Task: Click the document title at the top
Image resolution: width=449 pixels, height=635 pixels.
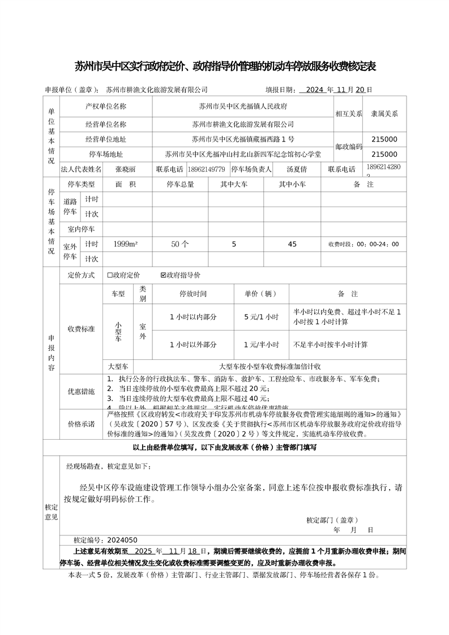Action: pos(225,67)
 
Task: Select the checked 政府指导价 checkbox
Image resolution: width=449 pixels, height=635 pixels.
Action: pos(164,275)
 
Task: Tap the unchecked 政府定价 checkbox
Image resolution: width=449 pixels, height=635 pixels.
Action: pos(110,275)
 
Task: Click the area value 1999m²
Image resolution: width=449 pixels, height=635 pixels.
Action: pos(125,244)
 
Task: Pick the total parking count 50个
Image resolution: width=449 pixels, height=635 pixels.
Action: pos(179,244)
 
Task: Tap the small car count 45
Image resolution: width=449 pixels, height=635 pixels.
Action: pos(292,244)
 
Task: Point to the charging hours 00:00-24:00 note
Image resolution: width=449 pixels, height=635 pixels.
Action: pos(364,244)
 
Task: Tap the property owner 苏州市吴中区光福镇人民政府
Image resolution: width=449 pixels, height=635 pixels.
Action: pos(243,106)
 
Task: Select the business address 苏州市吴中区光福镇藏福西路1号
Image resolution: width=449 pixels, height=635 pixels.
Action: pos(243,139)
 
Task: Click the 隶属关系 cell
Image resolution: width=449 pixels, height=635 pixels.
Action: pos(384,113)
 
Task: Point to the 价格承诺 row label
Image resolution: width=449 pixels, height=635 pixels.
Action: pos(82,424)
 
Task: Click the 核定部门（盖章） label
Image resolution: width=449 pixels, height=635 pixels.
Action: pos(332,520)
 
